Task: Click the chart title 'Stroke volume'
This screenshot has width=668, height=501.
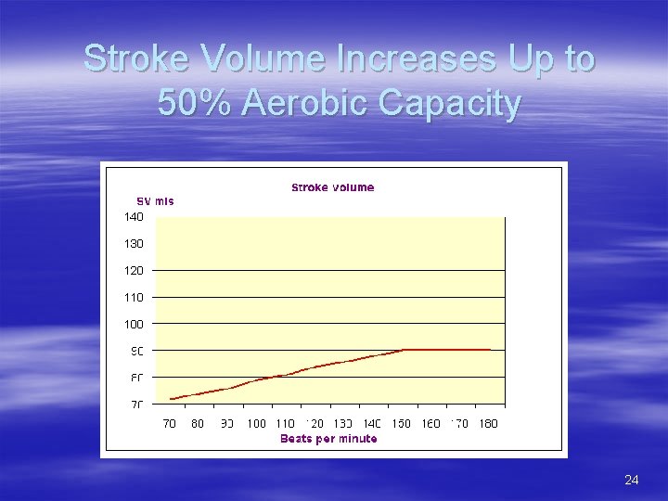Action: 332,187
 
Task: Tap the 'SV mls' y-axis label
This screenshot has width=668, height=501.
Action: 155,201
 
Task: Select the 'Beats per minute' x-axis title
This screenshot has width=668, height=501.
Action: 328,439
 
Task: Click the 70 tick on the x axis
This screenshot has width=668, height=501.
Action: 170,424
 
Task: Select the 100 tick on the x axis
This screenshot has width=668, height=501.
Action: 256,424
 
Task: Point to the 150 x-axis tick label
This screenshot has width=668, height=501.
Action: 401,424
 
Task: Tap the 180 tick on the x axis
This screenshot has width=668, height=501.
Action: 488,424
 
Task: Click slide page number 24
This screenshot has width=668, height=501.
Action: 632,480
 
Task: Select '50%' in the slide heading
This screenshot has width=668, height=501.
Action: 194,103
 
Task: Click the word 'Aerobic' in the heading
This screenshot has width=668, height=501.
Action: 309,103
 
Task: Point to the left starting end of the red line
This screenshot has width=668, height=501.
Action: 171,399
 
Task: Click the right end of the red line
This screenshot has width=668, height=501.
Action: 490,350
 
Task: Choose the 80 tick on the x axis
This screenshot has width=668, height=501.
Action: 198,424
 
